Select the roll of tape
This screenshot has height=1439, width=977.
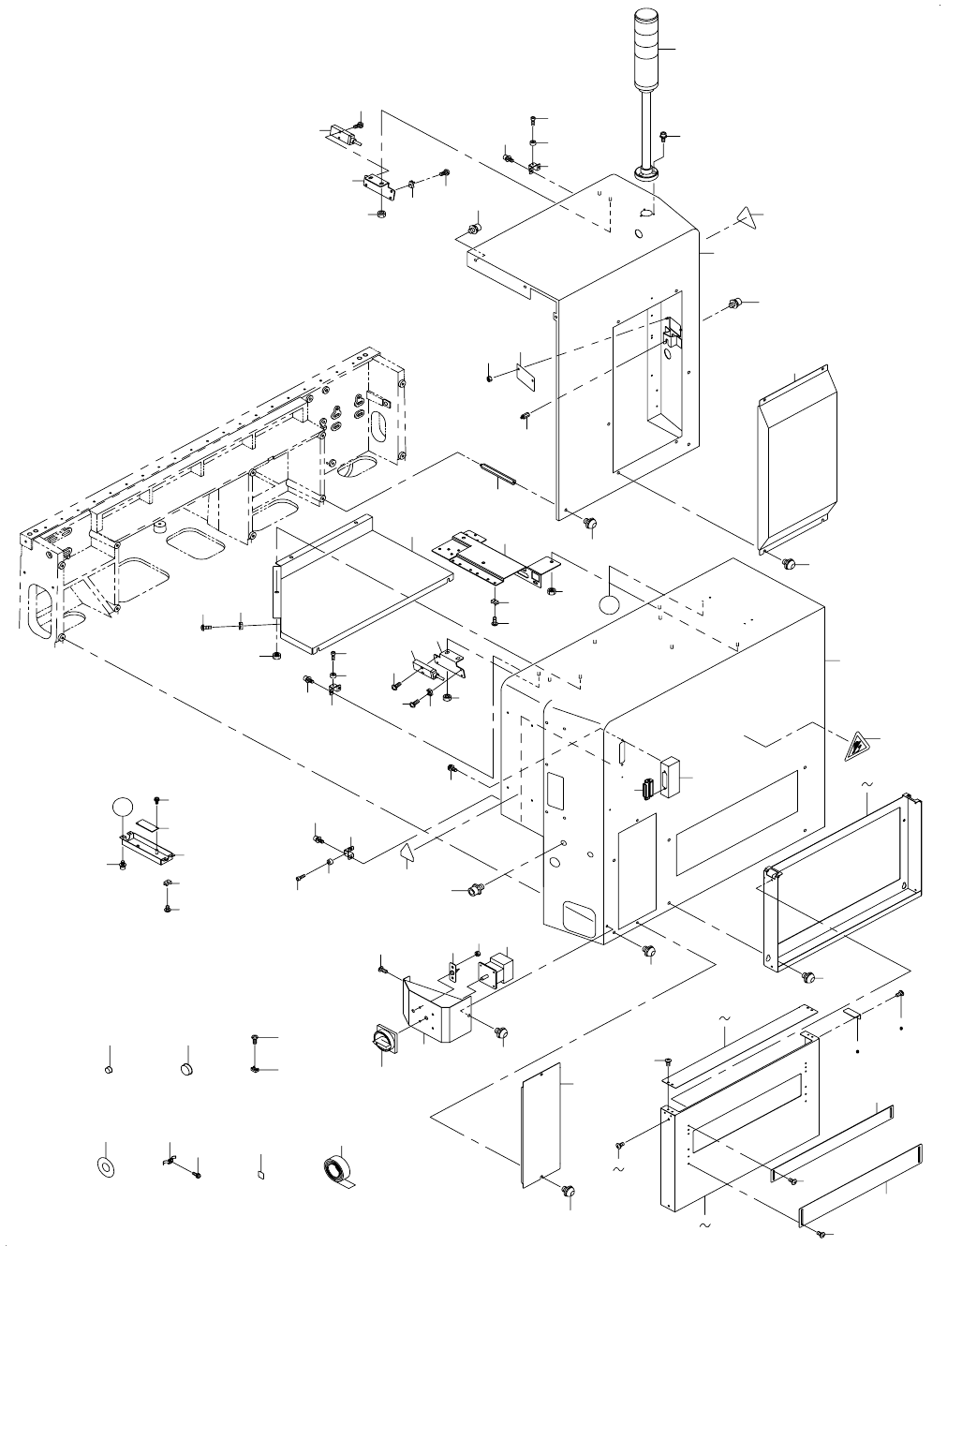(x=334, y=1172)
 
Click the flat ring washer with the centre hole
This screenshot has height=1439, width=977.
(x=106, y=1166)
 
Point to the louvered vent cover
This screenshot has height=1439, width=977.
(x=796, y=461)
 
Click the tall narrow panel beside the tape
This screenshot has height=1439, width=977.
(x=540, y=1126)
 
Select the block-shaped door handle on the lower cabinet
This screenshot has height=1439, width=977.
(x=669, y=777)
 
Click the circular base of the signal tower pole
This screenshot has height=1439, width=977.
(x=646, y=172)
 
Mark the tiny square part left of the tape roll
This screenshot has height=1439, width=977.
(x=261, y=1172)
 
